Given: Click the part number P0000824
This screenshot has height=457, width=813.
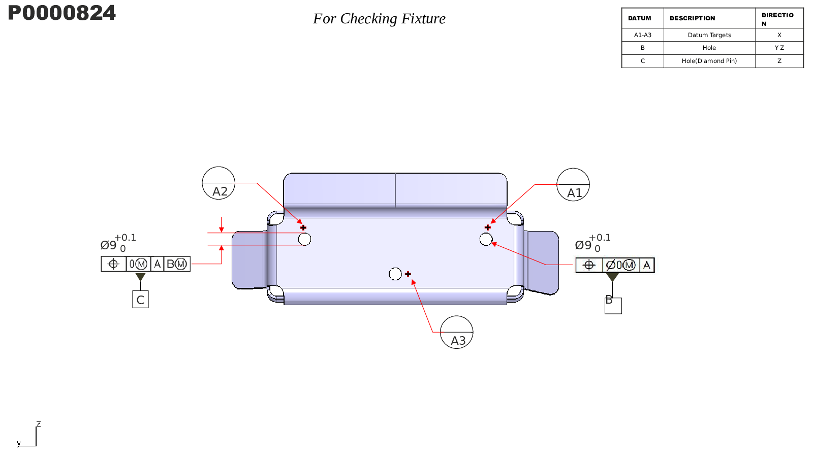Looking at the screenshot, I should (x=61, y=13).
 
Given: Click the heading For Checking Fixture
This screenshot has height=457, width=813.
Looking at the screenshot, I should (x=379, y=19).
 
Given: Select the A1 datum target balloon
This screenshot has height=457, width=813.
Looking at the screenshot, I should (x=573, y=185).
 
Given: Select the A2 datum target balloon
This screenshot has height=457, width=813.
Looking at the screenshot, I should (x=218, y=183).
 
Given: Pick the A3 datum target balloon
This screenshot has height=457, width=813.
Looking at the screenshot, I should (x=456, y=332).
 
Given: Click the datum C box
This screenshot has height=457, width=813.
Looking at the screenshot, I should (x=140, y=300).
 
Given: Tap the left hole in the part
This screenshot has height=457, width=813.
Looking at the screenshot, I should (x=304, y=239).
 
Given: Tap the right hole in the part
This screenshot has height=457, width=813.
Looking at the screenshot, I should (x=486, y=239).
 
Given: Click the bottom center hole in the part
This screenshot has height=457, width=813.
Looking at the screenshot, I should (x=395, y=274).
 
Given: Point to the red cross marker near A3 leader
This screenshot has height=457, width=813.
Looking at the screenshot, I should (x=408, y=274).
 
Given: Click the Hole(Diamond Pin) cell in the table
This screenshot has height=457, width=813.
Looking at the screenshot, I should (x=709, y=61).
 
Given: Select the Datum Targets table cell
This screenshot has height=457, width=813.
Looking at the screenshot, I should (x=709, y=35).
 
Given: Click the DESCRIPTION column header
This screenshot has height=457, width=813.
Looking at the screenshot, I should (x=692, y=18).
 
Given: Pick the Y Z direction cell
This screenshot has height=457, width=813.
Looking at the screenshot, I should (x=779, y=48).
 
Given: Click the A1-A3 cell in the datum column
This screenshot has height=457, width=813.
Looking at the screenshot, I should (x=642, y=35).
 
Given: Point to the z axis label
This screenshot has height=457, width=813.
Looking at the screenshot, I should (x=38, y=424).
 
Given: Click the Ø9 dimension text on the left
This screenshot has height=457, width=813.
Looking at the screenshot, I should (x=109, y=245).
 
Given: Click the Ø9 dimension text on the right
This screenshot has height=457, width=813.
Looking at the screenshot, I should (x=583, y=245).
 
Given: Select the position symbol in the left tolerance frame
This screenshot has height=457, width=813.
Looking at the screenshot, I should (x=113, y=264).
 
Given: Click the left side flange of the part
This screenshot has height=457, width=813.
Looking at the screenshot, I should (x=247, y=260).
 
